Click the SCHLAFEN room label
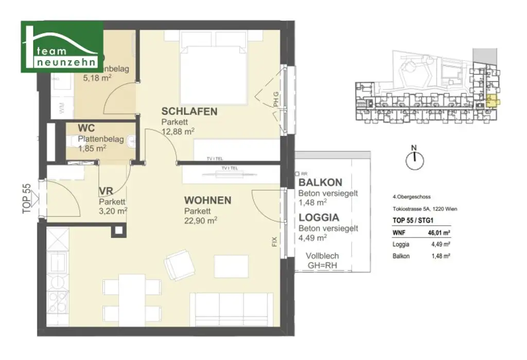pyautogui.click(x=189, y=111)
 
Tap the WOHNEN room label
pyautogui.click(x=208, y=200)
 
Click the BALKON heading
pyautogui.click(x=320, y=183)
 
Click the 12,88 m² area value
pyautogui.click(x=178, y=132)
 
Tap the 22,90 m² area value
pyautogui.click(x=200, y=220)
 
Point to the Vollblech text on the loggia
pyautogui.click(x=322, y=256)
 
